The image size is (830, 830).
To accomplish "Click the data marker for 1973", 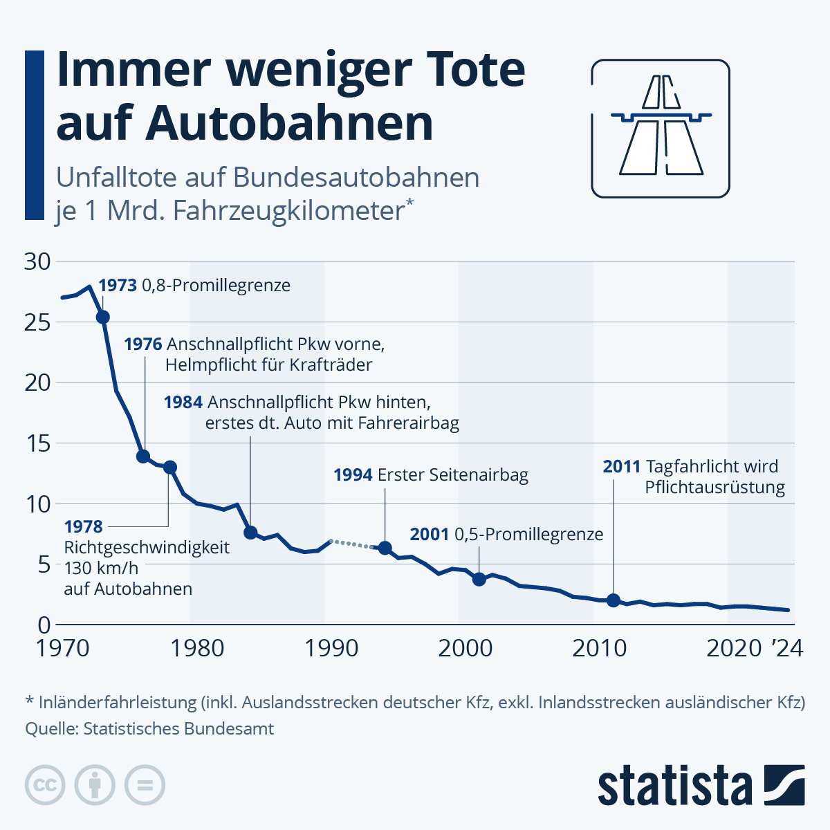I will [102, 317].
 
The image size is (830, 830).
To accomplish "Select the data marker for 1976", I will [143, 456].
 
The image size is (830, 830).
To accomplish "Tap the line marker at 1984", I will [250, 532].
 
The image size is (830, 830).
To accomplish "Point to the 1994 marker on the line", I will [385, 548].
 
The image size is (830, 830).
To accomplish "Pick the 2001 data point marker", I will [479, 579].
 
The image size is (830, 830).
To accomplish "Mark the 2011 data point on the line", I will [614, 600].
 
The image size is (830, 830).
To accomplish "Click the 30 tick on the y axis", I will [37, 261].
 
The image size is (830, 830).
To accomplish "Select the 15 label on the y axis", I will [37, 443].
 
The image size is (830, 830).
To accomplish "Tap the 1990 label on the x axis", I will [331, 648].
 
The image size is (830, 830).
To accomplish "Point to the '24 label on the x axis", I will [786, 648].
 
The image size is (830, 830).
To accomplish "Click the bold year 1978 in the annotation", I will [83, 526].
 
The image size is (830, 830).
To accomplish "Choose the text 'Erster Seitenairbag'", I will [452, 475].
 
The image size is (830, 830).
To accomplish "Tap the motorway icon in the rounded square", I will [661, 129].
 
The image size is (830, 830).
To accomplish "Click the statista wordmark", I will [674, 786].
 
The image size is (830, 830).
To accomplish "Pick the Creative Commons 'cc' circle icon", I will [45, 785].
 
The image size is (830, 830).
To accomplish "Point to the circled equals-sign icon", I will [145, 785].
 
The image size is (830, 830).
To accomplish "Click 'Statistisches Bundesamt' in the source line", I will [178, 728].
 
